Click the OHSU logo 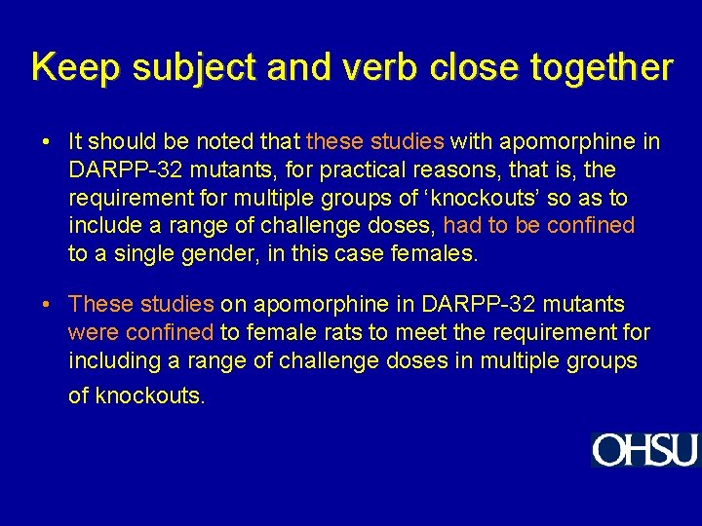click(644, 450)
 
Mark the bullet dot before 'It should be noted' click(47, 142)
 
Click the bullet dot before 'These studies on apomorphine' click(47, 305)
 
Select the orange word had click(461, 227)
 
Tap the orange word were click(92, 333)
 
